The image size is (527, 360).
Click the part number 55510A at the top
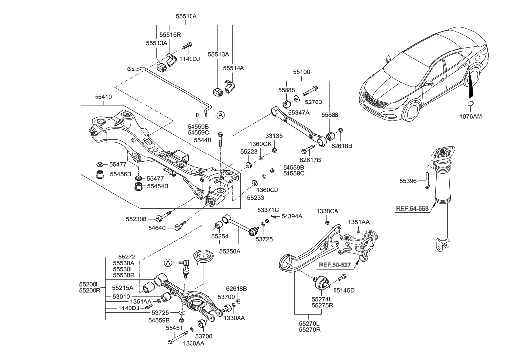[186, 16]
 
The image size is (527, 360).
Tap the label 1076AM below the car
[470, 117]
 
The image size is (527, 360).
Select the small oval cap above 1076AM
[470, 103]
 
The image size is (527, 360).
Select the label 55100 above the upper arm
[301, 72]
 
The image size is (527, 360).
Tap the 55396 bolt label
[409, 181]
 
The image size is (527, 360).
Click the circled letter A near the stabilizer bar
[221, 115]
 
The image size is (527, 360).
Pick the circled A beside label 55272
[168, 262]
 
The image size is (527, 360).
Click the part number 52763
[313, 103]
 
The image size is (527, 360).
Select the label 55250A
[230, 252]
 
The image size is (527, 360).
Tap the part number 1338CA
[328, 211]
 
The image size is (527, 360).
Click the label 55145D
[344, 290]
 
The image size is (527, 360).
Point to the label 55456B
[120, 174]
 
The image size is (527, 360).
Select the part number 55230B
[136, 218]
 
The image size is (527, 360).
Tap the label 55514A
[234, 68]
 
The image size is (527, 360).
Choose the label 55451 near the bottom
[174, 328]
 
